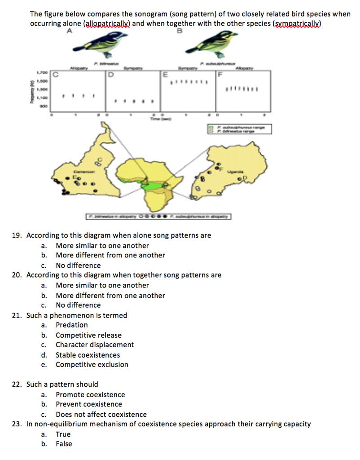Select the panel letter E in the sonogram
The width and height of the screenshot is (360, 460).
(165, 75)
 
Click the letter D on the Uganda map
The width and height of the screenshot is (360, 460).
(246, 179)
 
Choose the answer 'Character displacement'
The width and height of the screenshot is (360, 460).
(94, 345)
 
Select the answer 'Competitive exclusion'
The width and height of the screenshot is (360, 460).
(92, 365)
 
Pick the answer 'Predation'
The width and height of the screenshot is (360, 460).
(71, 325)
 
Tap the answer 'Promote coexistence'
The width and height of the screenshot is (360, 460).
(90, 395)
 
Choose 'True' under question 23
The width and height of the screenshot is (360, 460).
(63, 434)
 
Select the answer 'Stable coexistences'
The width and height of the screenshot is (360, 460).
(88, 355)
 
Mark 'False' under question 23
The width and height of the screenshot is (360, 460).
(64, 444)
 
